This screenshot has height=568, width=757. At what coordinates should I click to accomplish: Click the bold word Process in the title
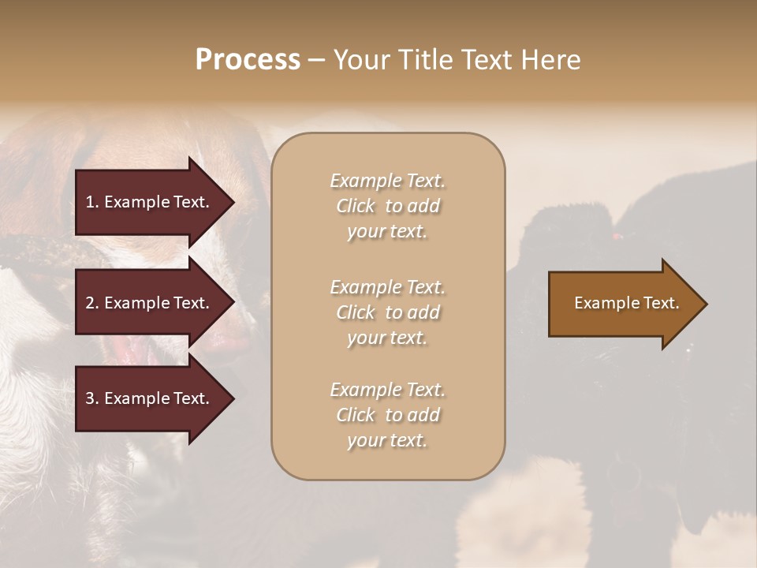[248, 60]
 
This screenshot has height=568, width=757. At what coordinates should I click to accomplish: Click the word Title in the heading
[425, 60]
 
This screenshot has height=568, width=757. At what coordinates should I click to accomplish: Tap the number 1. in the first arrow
[92, 202]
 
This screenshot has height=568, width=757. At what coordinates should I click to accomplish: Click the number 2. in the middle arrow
[92, 303]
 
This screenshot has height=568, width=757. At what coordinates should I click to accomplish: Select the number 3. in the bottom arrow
[92, 398]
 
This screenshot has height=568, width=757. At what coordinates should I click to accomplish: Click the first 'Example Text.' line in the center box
[387, 181]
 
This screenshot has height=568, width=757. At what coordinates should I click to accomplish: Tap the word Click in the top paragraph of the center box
[356, 206]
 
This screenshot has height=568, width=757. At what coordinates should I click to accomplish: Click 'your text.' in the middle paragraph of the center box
[387, 338]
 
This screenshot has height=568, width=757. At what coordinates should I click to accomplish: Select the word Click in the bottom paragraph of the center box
[356, 415]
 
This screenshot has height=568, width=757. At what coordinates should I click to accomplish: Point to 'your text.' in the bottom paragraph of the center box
[387, 440]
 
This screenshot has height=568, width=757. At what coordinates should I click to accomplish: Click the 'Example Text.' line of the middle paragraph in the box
[387, 286]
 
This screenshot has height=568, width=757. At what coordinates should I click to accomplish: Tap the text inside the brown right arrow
[626, 303]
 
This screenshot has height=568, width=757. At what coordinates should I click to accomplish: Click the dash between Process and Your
[316, 60]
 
